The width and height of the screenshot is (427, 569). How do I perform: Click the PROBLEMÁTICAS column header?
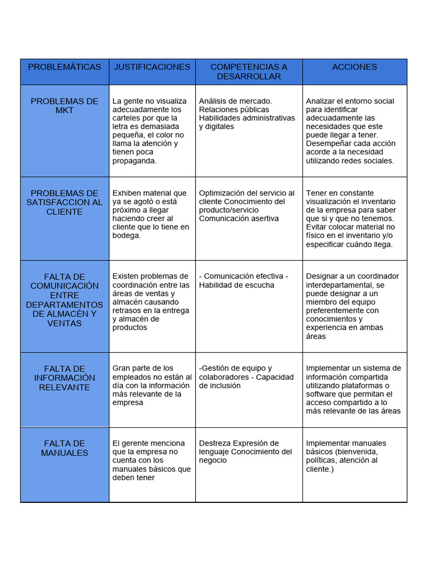(x=64, y=67)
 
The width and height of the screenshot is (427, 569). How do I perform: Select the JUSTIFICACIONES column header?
(x=152, y=67)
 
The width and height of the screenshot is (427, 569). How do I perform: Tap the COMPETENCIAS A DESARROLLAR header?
(x=249, y=72)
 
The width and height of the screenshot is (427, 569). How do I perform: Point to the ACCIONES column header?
(x=354, y=67)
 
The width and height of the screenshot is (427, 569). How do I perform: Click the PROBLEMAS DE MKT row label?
(x=64, y=106)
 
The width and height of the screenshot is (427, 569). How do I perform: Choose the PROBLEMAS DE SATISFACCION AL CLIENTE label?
(x=64, y=202)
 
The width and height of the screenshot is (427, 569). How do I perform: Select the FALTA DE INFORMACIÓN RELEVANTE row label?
(x=64, y=378)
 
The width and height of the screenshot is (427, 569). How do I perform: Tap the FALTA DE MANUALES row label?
(x=64, y=448)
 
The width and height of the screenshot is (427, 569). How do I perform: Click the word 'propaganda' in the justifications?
(x=134, y=161)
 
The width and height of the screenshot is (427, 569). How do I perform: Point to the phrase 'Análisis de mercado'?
(x=235, y=101)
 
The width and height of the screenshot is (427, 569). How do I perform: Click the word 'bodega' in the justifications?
(x=126, y=236)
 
